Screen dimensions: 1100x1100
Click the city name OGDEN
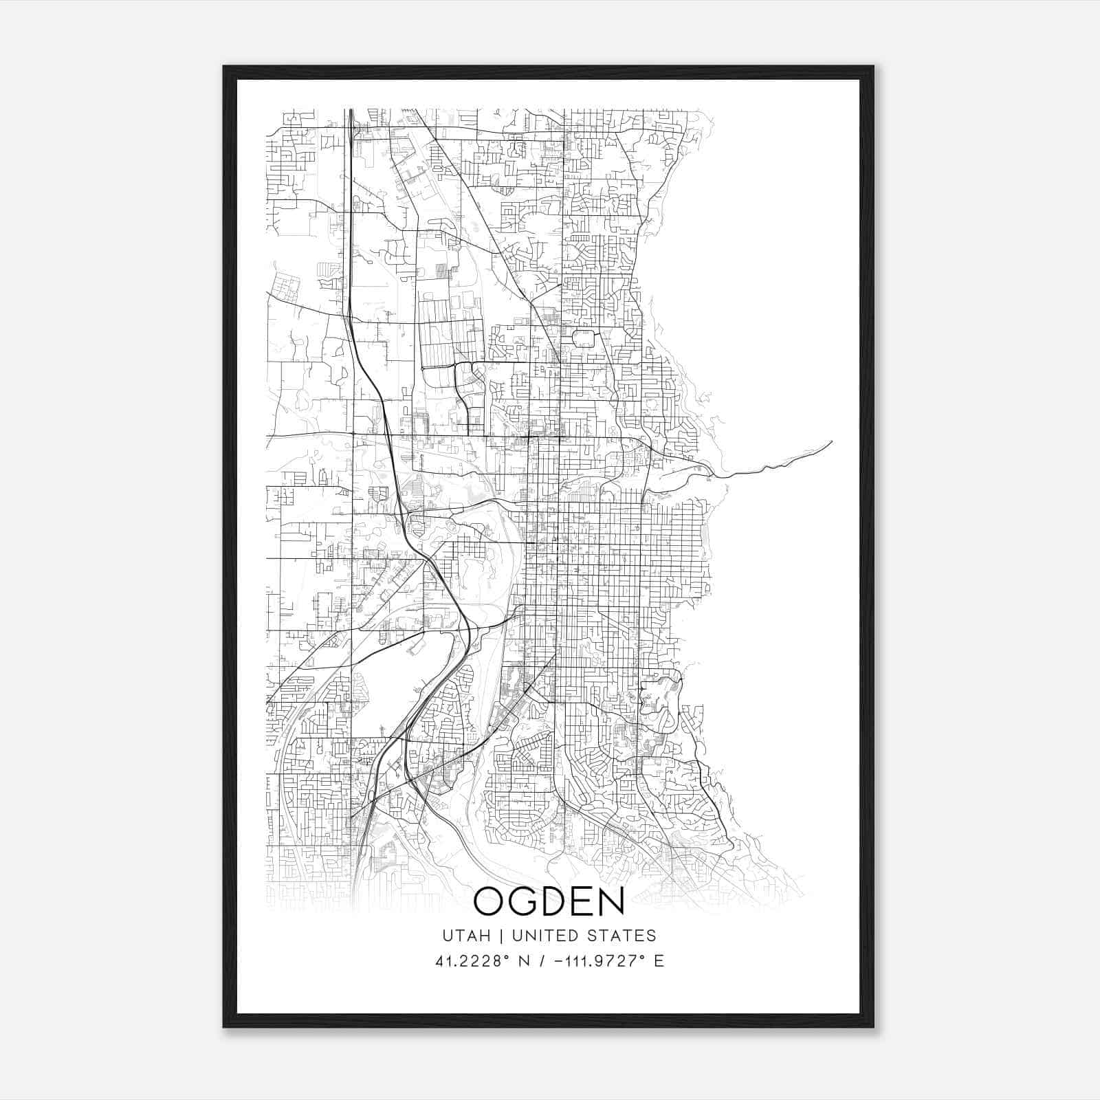tap(549, 901)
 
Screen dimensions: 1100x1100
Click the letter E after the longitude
tap(659, 961)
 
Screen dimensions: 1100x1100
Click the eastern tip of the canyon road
tap(831, 441)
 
